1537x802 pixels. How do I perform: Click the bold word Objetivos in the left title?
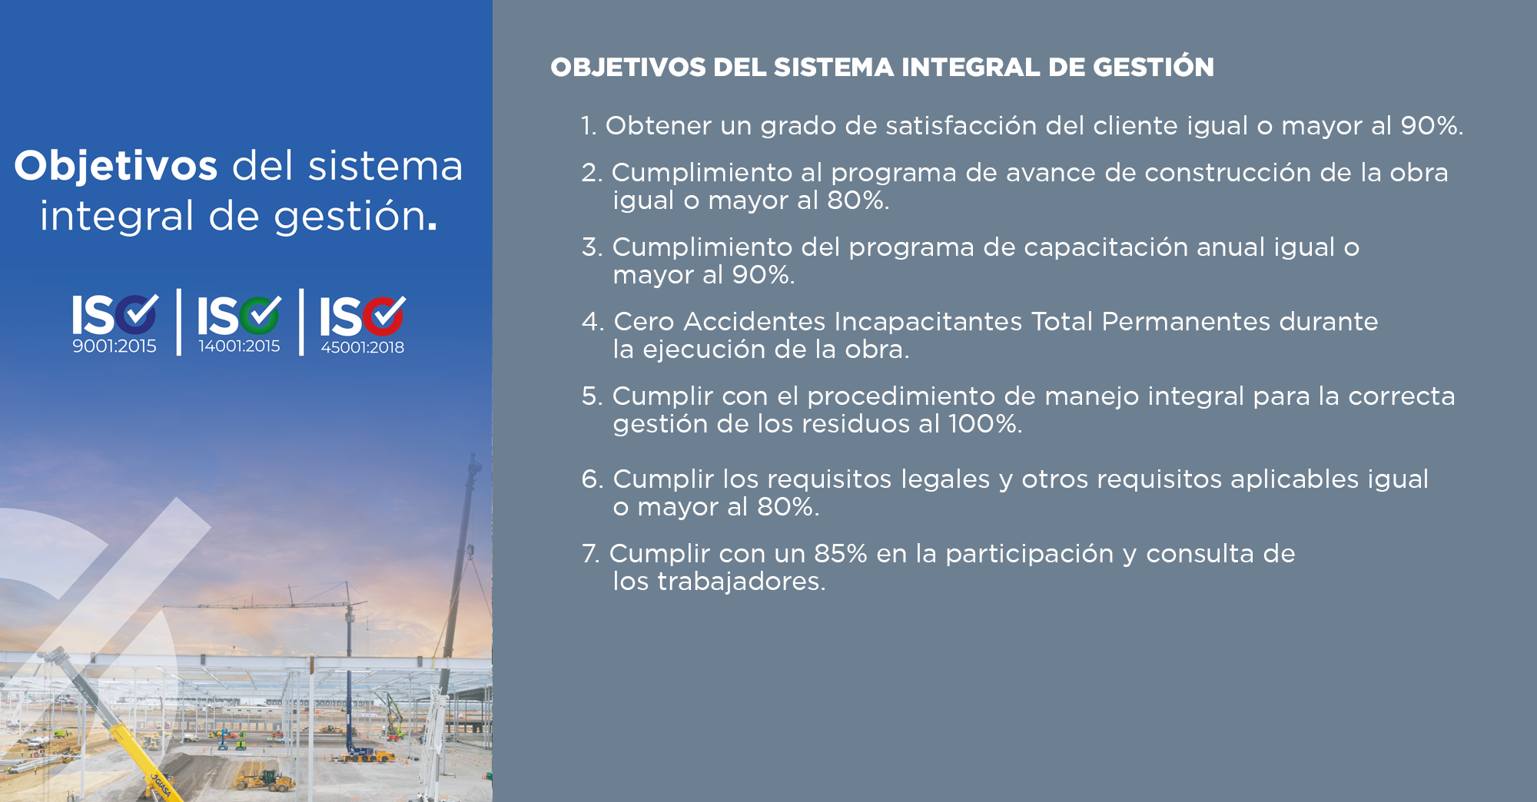pos(115,167)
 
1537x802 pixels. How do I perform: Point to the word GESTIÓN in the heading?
pos(1153,67)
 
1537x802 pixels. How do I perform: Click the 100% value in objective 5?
pos(984,424)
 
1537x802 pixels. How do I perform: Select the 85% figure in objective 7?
pos(840,554)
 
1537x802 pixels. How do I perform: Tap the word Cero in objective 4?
pos(643,322)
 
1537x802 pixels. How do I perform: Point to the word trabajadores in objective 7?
pos(741,582)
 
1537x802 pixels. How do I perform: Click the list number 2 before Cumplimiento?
pos(590,173)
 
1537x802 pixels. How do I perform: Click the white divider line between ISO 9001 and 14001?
pos(179,323)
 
